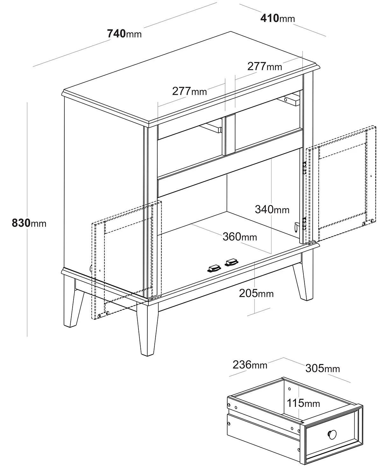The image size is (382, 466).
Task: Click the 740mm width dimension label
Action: (x=124, y=34)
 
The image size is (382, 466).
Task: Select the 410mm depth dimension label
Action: (x=278, y=18)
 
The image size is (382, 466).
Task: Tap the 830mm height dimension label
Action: (x=29, y=223)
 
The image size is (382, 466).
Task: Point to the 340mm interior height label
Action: (x=272, y=209)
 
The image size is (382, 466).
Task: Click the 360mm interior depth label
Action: (x=240, y=236)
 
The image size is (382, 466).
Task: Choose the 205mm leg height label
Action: (x=256, y=293)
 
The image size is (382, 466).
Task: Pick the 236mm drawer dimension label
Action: (x=250, y=365)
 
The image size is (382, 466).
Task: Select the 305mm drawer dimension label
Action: (x=322, y=368)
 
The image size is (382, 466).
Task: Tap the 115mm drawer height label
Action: (x=303, y=403)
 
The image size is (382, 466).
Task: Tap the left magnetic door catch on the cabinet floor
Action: (x=214, y=269)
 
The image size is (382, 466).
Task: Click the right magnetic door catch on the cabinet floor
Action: (x=231, y=262)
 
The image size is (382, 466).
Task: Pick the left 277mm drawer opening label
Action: (x=189, y=91)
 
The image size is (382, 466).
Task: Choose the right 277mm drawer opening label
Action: (x=265, y=66)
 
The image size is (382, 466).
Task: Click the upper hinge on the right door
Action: (x=305, y=168)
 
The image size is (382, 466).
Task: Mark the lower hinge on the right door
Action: (x=305, y=223)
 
